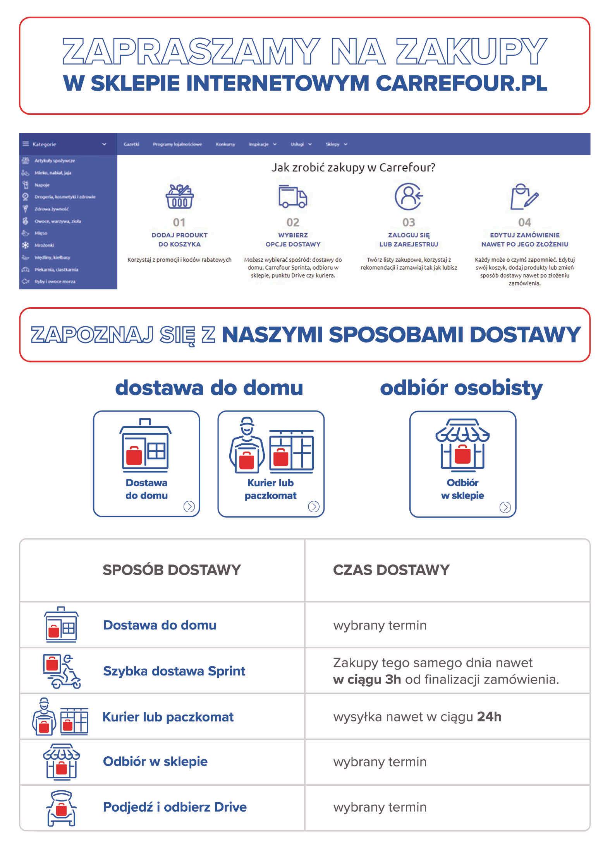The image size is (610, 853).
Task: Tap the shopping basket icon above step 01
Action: click(179, 197)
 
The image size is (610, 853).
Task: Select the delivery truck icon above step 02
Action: click(292, 197)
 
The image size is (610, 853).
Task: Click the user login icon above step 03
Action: click(408, 196)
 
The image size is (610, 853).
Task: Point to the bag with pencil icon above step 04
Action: click(524, 197)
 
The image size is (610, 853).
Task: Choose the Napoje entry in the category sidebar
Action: click(42, 185)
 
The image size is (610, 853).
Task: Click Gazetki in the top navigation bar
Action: click(131, 144)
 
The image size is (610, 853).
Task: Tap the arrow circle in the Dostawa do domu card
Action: click(189, 506)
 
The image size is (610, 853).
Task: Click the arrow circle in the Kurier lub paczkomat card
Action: click(313, 506)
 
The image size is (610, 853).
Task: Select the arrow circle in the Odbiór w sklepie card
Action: click(505, 507)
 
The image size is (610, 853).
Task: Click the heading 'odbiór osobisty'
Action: click(461, 388)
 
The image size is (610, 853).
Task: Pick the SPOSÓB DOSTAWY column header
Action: click(172, 570)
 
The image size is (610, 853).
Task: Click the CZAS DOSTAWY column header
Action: click(391, 570)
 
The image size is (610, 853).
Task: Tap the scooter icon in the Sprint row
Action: click(62, 671)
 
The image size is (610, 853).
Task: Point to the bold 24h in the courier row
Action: click(489, 717)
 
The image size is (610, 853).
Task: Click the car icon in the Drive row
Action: click(61, 808)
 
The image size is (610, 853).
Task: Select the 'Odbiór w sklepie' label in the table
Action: click(155, 761)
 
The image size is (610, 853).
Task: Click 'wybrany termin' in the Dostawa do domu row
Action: click(380, 625)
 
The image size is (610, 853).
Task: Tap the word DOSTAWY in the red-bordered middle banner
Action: click(525, 335)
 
